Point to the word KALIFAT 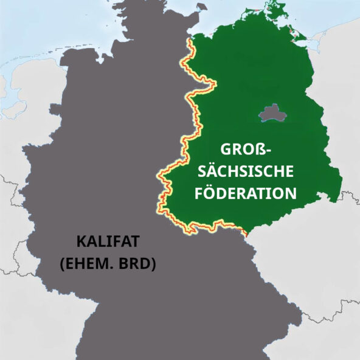pos(108,241)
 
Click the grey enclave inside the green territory pos(271,113)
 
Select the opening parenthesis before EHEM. pos(62,265)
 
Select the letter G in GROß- pos(223,150)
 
